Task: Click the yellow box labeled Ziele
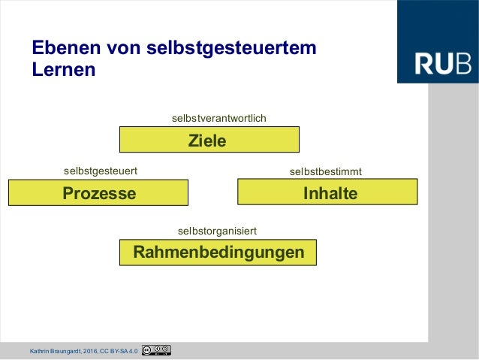209,140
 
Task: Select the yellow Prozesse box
98,193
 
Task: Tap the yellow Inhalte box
327,192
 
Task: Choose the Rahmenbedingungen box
218,252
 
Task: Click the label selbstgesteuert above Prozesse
100,171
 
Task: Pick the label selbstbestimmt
325,172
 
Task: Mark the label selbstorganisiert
217,230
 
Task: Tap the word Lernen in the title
64,71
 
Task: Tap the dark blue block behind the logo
437,23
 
